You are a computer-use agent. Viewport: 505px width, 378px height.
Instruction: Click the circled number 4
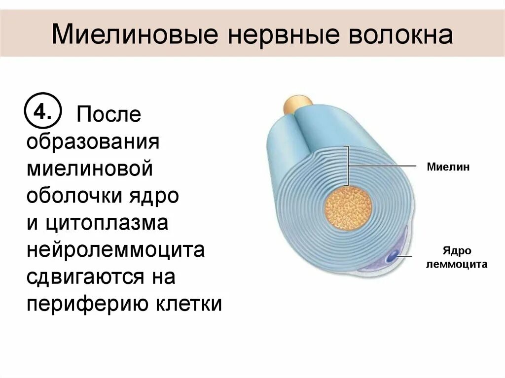coord(42,114)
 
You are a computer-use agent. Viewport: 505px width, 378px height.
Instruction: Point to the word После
coord(108,114)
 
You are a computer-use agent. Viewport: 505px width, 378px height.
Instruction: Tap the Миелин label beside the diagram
coord(448,167)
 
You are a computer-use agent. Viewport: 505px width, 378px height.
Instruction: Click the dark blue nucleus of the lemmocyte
coord(393,256)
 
